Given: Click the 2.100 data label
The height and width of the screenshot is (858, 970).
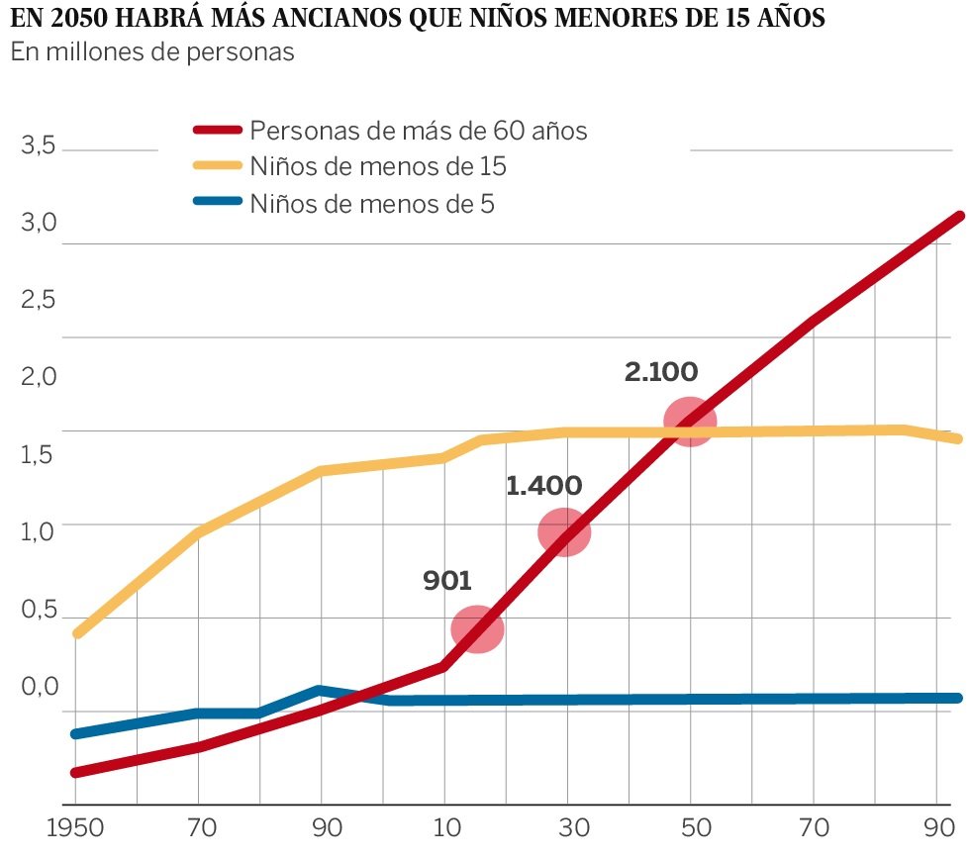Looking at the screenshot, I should tap(661, 372).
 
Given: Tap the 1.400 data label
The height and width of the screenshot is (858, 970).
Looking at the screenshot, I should tap(543, 486).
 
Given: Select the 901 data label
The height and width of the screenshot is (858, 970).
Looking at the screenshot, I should tap(447, 581).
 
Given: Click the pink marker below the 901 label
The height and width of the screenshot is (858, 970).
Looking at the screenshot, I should tap(477, 629).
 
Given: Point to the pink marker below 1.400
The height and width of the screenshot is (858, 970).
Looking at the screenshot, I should tap(564, 533).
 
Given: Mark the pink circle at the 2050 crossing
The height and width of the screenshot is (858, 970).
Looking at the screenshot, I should tap(689, 422).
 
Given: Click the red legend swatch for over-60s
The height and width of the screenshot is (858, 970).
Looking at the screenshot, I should tap(217, 130).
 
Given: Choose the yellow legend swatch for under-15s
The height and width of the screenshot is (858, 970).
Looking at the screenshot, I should tap(217, 166).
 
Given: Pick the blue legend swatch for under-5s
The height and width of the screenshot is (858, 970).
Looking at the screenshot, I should tap(217, 203).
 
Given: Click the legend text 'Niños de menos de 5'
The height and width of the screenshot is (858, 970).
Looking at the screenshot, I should tap(372, 204).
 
